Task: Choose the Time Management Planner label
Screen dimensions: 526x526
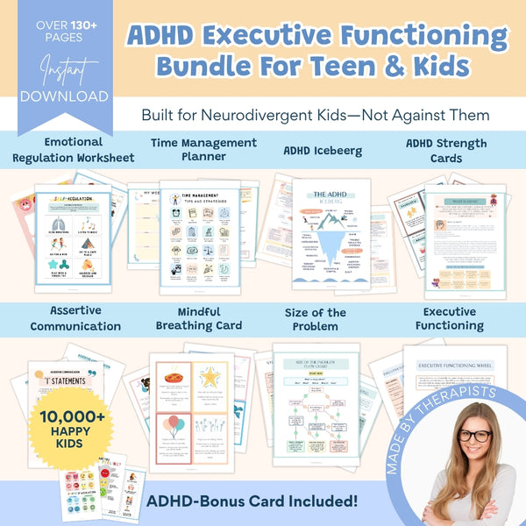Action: pos(204,149)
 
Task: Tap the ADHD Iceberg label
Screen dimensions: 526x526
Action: pos(324,149)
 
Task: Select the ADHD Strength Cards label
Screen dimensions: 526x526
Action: pos(446,149)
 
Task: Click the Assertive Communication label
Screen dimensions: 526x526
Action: pos(75,318)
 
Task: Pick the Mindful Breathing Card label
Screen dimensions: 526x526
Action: pos(198,318)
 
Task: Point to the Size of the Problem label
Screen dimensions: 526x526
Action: pos(316,318)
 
